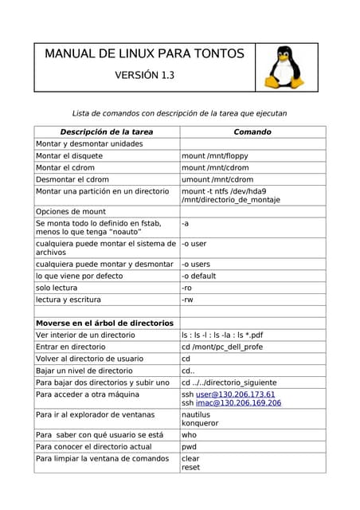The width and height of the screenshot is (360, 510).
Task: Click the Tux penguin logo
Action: click(x=284, y=68)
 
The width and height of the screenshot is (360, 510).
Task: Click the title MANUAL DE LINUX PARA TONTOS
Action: click(x=144, y=54)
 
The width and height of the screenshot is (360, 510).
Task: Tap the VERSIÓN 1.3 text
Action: click(x=144, y=76)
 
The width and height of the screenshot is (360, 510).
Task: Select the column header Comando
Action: click(x=252, y=131)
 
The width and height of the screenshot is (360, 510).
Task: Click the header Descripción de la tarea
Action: click(x=107, y=131)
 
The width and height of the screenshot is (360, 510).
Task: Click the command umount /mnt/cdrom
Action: click(x=217, y=179)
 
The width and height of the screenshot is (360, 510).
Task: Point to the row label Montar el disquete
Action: click(x=69, y=156)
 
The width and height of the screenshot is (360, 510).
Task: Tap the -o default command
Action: click(x=199, y=276)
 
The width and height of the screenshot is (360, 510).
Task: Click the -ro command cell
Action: click(x=187, y=288)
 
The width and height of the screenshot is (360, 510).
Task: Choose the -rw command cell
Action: click(x=187, y=300)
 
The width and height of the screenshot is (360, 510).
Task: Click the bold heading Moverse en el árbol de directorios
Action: click(x=104, y=324)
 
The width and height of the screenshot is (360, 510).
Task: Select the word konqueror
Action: click(x=201, y=423)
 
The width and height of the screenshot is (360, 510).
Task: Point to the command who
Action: click(x=190, y=435)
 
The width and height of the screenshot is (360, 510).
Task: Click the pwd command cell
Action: click(x=190, y=447)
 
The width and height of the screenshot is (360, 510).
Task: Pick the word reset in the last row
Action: click(x=191, y=468)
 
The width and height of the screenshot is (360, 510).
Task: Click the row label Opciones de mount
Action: click(x=71, y=211)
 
